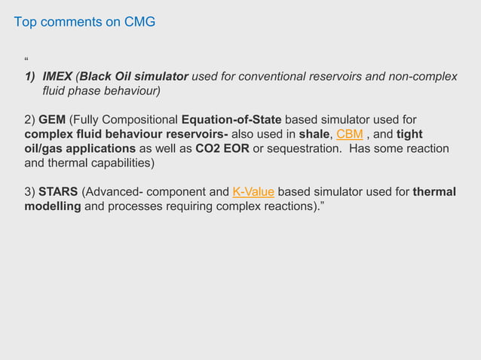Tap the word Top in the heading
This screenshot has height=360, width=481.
[26, 22]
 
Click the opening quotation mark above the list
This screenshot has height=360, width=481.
[27, 60]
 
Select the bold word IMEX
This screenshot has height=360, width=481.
[58, 77]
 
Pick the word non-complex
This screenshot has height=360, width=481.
[427, 77]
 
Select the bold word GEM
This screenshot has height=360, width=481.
[52, 120]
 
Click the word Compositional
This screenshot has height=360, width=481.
[139, 120]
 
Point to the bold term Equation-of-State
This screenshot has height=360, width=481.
[231, 120]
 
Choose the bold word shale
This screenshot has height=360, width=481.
[314, 134]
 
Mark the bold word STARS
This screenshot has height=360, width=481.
[58, 191]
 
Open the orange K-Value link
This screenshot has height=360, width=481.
[253, 191]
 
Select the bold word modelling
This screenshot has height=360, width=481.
[53, 206]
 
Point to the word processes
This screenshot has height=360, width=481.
[134, 206]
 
